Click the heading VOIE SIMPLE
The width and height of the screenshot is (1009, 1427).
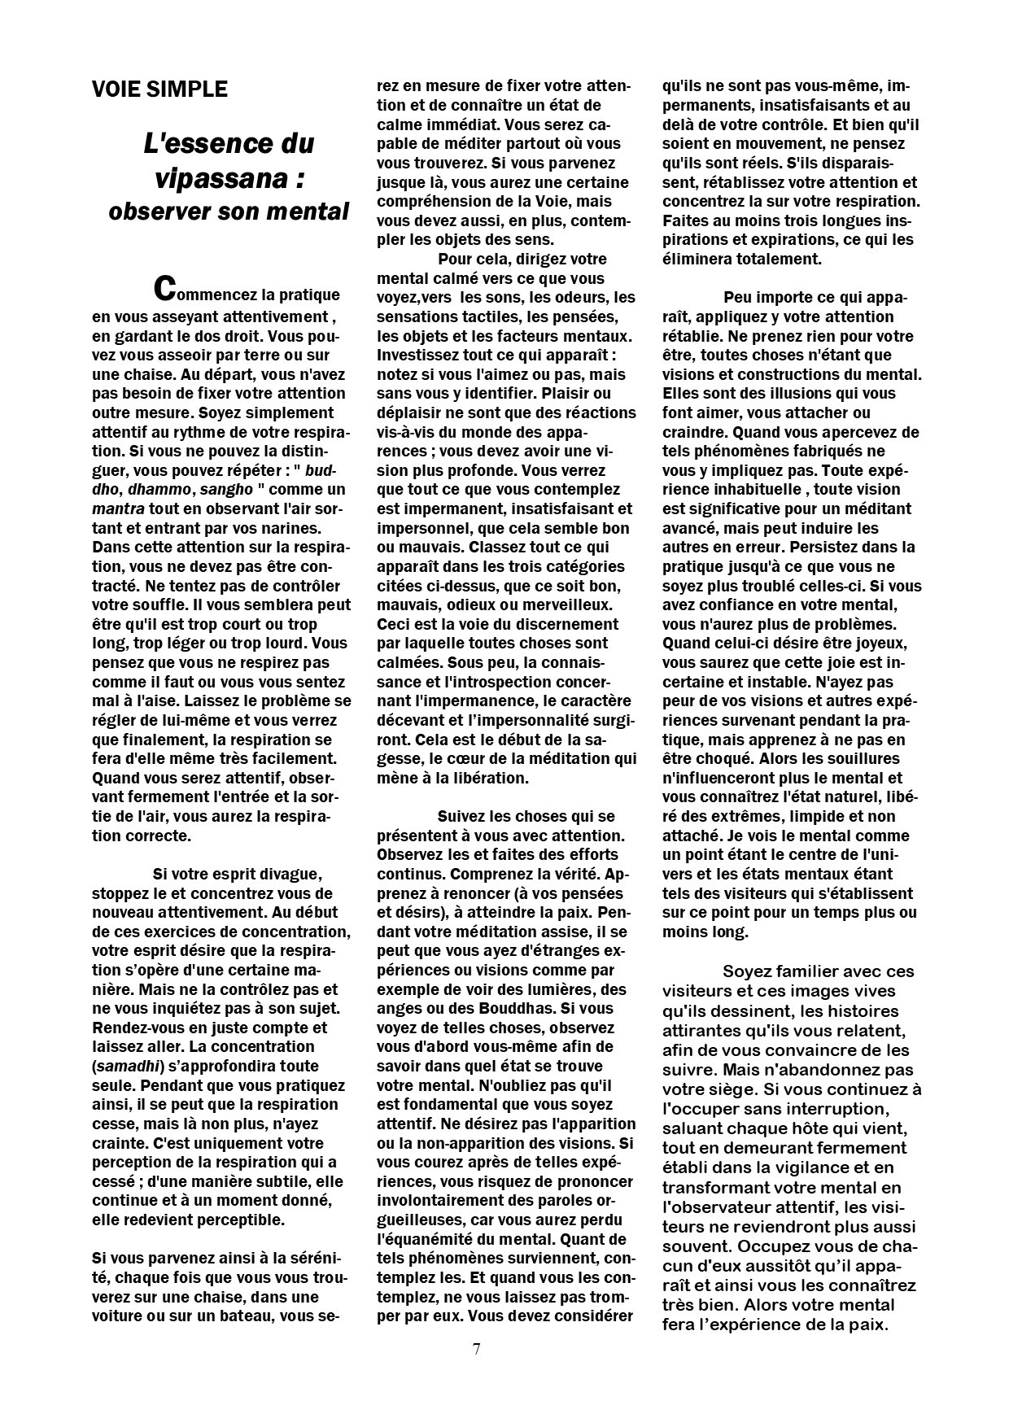159,89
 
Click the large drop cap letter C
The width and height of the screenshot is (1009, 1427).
164,287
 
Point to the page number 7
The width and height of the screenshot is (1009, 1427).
476,1349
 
